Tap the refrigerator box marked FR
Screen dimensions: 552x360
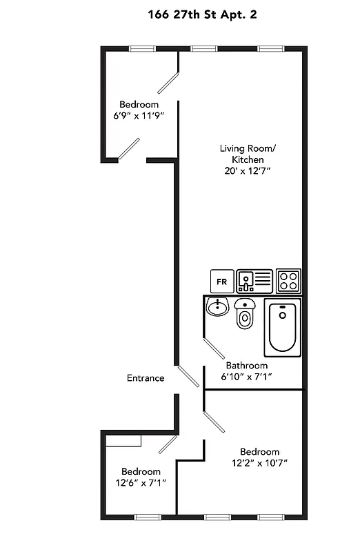(221, 281)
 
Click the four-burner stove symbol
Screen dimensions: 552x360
(288, 280)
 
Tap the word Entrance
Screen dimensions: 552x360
(146, 377)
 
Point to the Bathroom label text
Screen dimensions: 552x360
(247, 366)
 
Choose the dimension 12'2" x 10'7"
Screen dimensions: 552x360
(260, 463)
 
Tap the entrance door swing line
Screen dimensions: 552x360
(188, 377)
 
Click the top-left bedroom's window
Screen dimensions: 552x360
(142, 48)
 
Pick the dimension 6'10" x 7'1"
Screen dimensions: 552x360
(247, 377)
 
